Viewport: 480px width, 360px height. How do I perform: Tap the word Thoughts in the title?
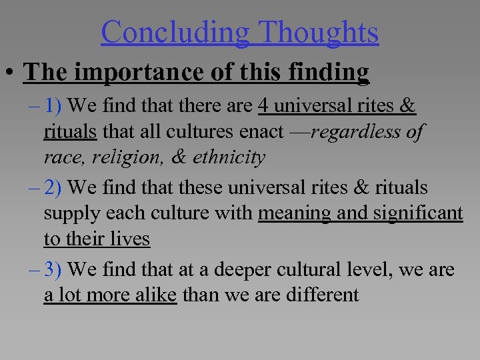(319, 32)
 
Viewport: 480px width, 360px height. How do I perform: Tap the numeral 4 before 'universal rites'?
(264, 106)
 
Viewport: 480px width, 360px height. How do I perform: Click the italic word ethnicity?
(229, 157)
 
